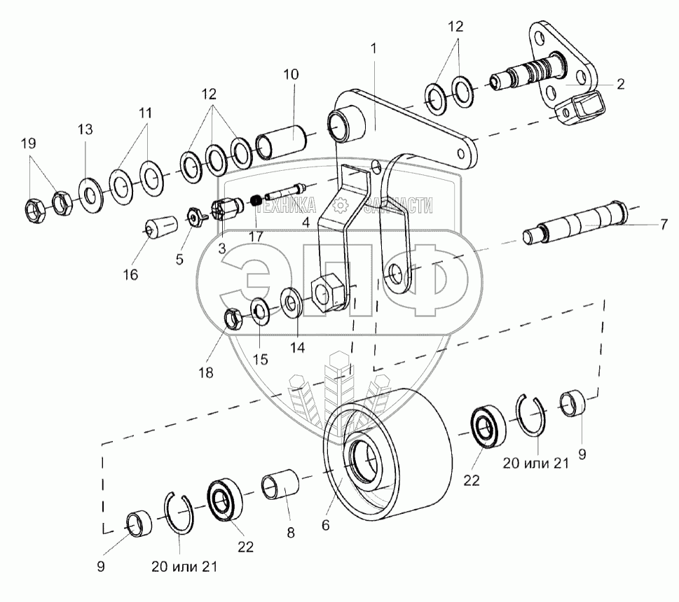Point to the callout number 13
tap(85, 129)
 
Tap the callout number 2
tap(621, 84)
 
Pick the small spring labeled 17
tap(256, 201)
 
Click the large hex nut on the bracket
tap(327, 291)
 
